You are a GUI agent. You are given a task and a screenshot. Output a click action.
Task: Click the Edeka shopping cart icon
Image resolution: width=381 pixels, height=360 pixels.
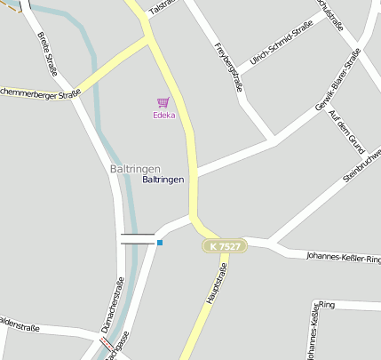(163, 102)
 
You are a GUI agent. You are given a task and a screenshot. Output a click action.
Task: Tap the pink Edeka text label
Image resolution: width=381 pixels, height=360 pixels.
(163, 115)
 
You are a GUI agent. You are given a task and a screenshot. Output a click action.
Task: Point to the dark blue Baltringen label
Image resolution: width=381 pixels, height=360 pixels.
(163, 180)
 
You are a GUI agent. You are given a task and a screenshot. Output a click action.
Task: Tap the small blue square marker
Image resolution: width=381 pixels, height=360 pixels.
(160, 242)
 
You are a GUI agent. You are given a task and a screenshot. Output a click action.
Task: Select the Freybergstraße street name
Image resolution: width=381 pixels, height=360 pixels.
(228, 68)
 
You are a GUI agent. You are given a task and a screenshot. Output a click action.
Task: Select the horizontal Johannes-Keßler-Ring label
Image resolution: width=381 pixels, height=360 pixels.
(343, 258)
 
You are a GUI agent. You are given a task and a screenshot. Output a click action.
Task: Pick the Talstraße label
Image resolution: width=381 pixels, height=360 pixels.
(164, 6)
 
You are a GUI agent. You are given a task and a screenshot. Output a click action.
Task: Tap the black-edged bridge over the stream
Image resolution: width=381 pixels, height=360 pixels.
(138, 238)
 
